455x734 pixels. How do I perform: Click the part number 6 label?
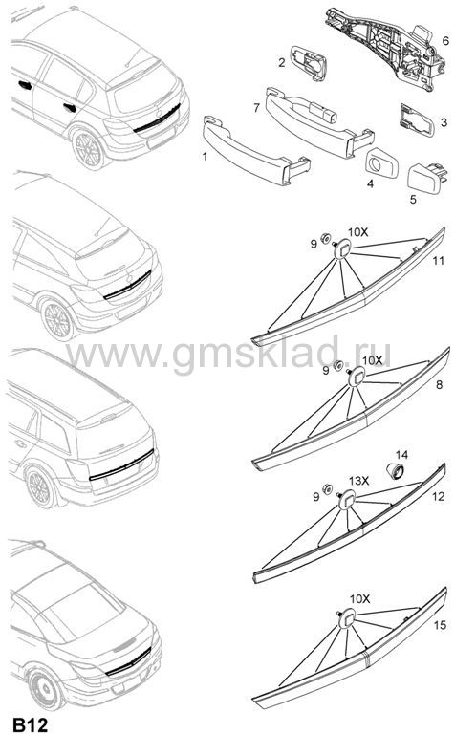click(x=445, y=41)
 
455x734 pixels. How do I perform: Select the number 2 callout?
click(x=282, y=62)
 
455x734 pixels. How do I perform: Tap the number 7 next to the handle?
click(x=256, y=108)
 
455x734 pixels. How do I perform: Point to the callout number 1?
click(x=205, y=156)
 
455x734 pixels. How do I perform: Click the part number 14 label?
click(x=401, y=455)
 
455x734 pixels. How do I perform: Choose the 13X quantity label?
click(x=359, y=481)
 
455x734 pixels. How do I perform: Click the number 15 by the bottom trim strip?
click(x=440, y=625)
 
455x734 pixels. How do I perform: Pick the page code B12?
click(x=30, y=724)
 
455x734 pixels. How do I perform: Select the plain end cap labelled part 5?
click(x=426, y=179)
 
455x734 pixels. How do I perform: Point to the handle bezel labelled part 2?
click(x=310, y=63)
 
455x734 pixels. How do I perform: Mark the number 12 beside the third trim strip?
click(x=438, y=496)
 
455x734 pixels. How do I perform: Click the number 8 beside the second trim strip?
click(x=439, y=385)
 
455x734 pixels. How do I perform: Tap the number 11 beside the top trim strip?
click(x=438, y=260)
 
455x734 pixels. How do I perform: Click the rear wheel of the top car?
click(x=89, y=149)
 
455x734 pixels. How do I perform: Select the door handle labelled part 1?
click(x=256, y=150)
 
